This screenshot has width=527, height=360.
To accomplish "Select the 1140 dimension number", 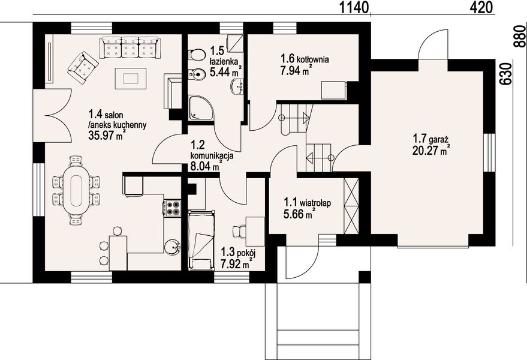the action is coord(354,7).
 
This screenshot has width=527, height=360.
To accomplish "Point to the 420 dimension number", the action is coord(481,7).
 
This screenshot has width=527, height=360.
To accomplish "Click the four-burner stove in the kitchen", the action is coord(173,208).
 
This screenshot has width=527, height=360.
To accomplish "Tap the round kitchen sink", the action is coord(173,247).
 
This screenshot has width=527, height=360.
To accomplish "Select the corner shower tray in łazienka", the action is coord(201,107).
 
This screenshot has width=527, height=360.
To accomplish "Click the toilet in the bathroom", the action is coord(197,54).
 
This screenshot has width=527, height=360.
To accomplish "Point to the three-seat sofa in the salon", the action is coord(130,48).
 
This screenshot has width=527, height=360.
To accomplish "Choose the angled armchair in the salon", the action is coord(83,67).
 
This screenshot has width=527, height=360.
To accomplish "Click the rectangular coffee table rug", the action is coord(131,79).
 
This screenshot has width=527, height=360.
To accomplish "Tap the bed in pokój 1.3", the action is coord(201,240).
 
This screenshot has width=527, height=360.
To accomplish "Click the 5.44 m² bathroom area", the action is coord(226,71).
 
